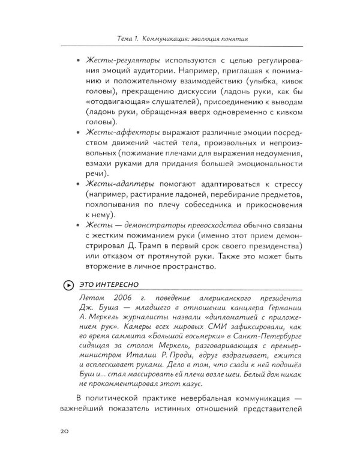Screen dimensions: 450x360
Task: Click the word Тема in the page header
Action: [127, 40]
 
